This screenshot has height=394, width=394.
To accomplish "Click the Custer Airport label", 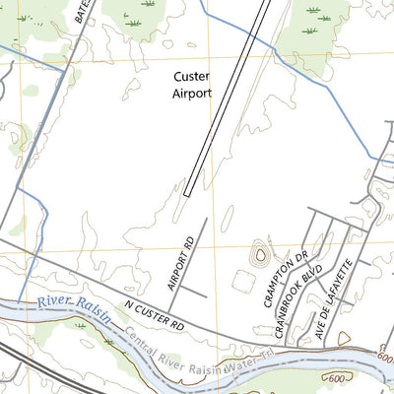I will pyautogui.click(x=192, y=84).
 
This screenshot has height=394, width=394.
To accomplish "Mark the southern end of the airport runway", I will pyautogui.click(x=187, y=194).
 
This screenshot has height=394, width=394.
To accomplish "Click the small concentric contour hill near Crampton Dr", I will pyautogui.click(x=260, y=255).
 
